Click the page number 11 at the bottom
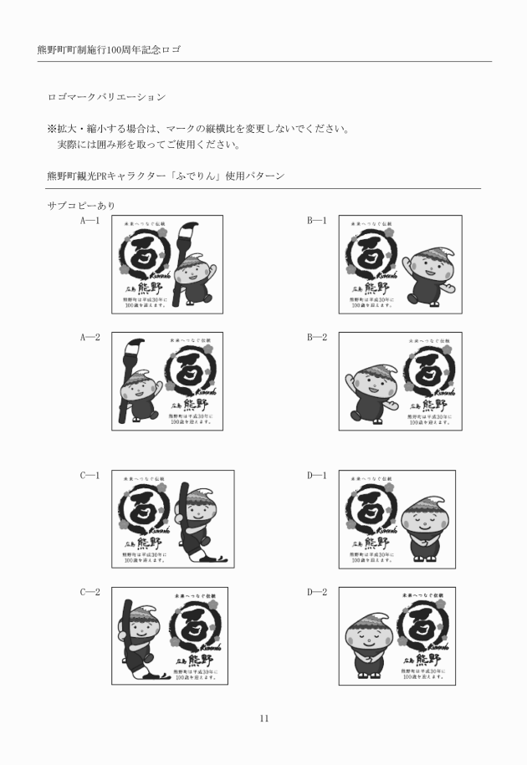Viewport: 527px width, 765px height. click(x=263, y=718)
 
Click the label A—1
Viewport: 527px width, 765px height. click(x=90, y=221)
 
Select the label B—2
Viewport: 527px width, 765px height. click(x=317, y=338)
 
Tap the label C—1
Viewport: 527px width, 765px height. click(x=90, y=476)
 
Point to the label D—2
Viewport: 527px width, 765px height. click(x=317, y=592)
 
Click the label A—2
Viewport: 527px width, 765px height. click(x=90, y=338)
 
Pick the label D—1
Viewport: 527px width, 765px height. click(x=317, y=476)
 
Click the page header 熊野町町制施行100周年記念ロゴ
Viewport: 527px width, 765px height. click(x=110, y=49)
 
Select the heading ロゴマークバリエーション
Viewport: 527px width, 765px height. click(x=106, y=98)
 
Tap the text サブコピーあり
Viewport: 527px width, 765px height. click(x=81, y=205)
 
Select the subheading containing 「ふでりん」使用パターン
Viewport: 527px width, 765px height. click(x=166, y=176)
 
